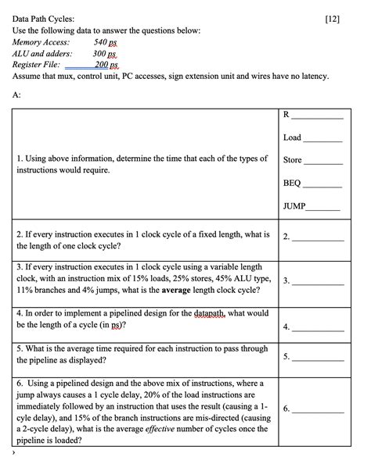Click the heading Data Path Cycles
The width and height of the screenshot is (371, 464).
[x=44, y=18]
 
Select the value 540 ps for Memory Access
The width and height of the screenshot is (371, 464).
[x=105, y=42]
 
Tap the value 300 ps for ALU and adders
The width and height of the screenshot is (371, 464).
[x=105, y=54]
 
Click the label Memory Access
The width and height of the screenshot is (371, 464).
[x=41, y=42]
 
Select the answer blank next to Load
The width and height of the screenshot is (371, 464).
[x=322, y=139]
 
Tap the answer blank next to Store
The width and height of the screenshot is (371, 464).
[x=323, y=162]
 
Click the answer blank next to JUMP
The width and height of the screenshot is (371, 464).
[x=324, y=208]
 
